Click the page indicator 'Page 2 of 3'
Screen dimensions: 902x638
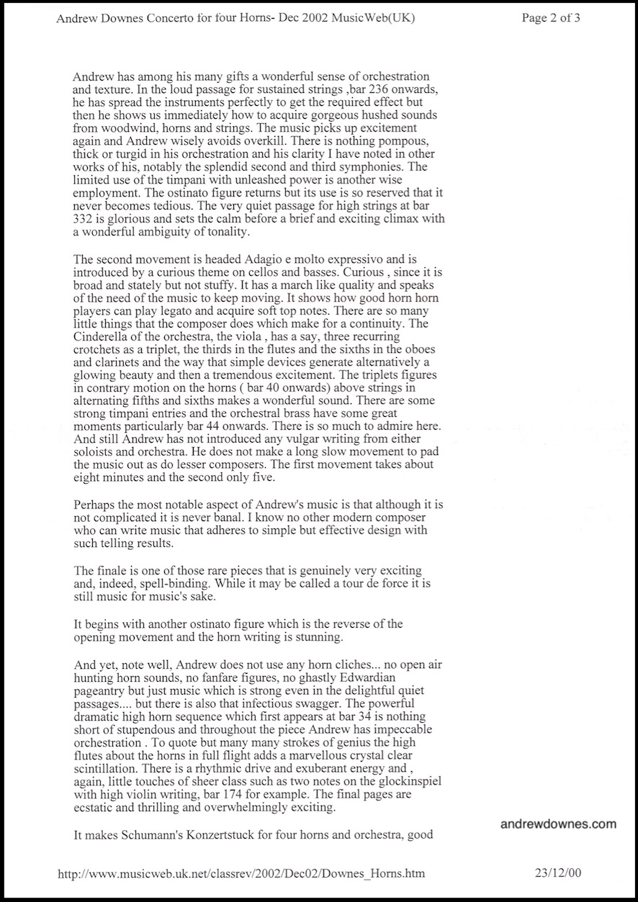click(x=551, y=19)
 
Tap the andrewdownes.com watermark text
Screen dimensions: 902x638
click(x=558, y=824)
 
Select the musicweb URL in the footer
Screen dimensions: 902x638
click(x=241, y=873)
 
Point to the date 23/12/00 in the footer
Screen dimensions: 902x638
click(x=557, y=873)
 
